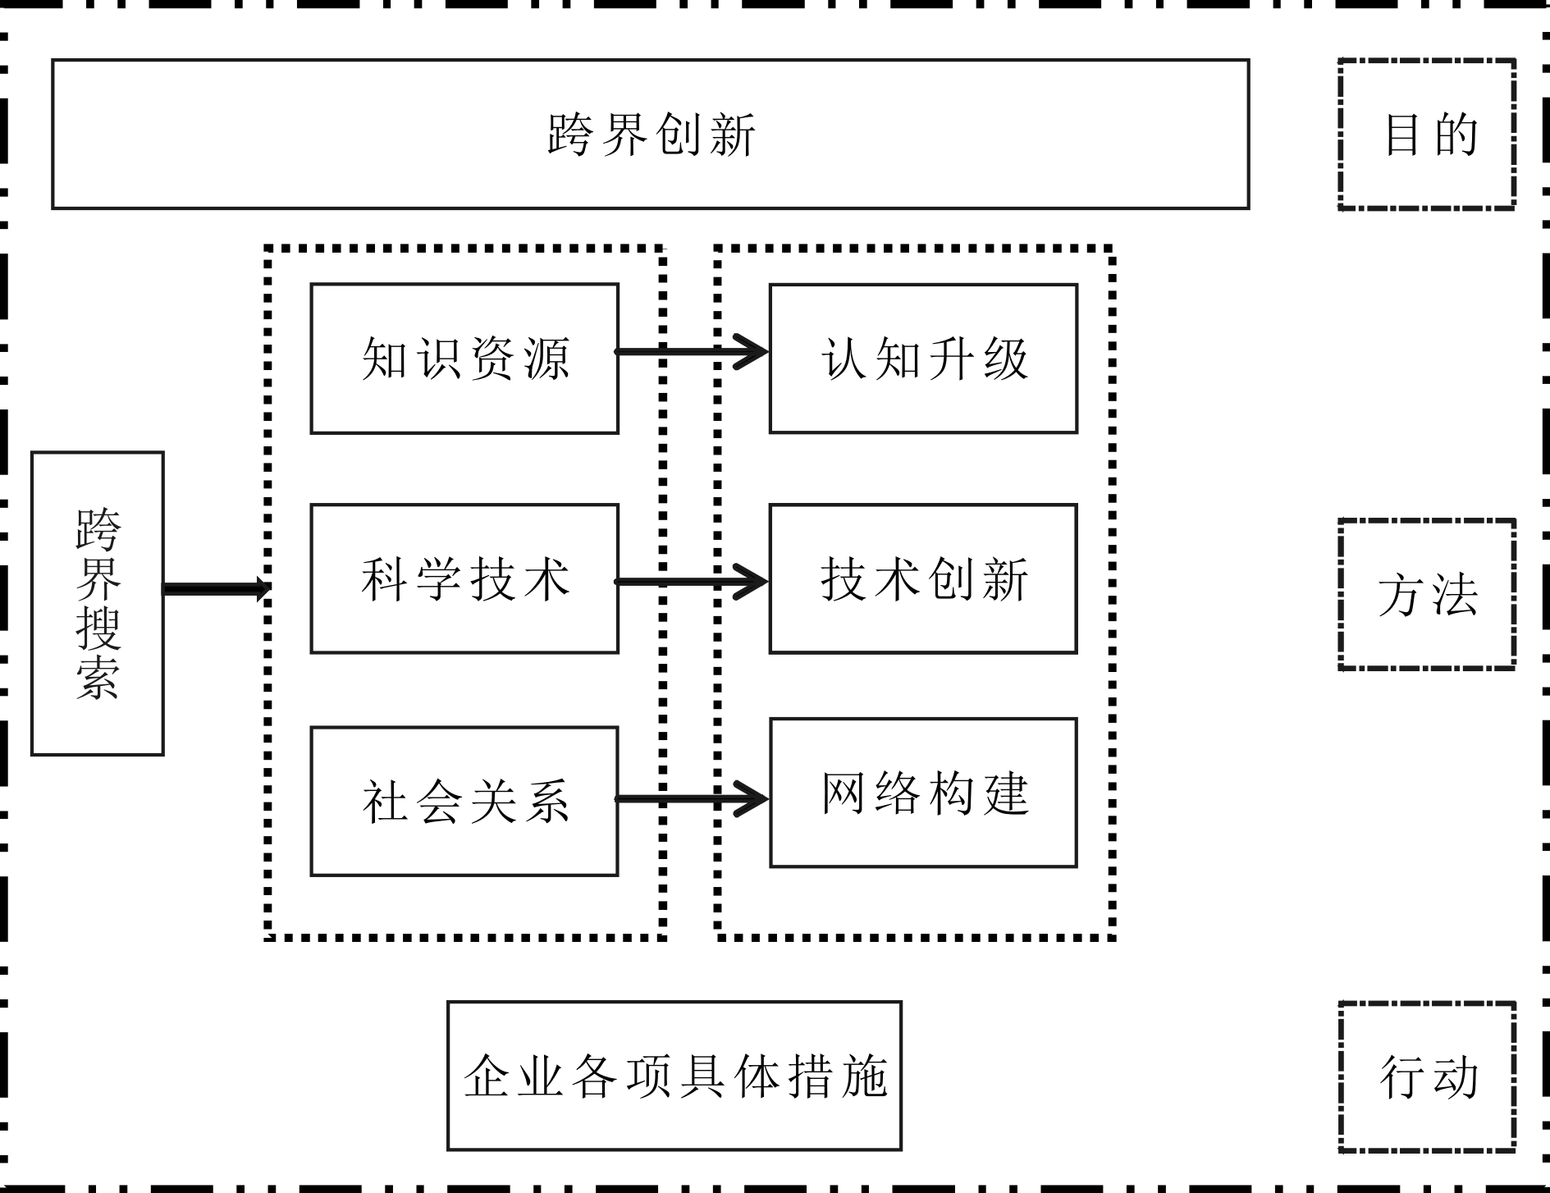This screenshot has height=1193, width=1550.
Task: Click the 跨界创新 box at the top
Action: pyautogui.click(x=650, y=134)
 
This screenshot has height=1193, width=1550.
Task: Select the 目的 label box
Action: pyautogui.click(x=1427, y=134)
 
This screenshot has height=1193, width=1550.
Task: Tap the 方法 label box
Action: pyautogui.click(x=1427, y=594)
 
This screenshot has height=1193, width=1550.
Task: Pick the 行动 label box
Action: pyautogui.click(x=1427, y=1076)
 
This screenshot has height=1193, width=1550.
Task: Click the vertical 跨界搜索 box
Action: pyautogui.click(x=98, y=603)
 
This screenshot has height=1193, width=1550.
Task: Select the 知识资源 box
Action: pyautogui.click(x=464, y=359)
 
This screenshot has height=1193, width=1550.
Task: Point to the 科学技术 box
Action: pyautogui.click(x=464, y=578)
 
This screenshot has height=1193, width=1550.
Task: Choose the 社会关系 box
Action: pyautogui.click(x=464, y=801)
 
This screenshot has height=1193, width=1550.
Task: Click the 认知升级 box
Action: pyautogui.click(x=923, y=359)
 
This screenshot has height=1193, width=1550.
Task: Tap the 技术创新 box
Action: pyautogui.click(x=923, y=578)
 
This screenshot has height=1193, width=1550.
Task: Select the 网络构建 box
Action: pyautogui.click(x=923, y=793)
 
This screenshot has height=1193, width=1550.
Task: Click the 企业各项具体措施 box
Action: pyautogui.click(x=674, y=1076)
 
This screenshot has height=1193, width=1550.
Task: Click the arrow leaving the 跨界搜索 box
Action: pyautogui.click(x=216, y=588)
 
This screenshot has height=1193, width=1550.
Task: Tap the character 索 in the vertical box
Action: pyautogui.click(x=98, y=678)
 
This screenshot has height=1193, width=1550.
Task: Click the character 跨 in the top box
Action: pyautogui.click(x=569, y=135)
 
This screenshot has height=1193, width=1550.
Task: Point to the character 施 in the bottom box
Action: pyautogui.click(x=865, y=1076)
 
